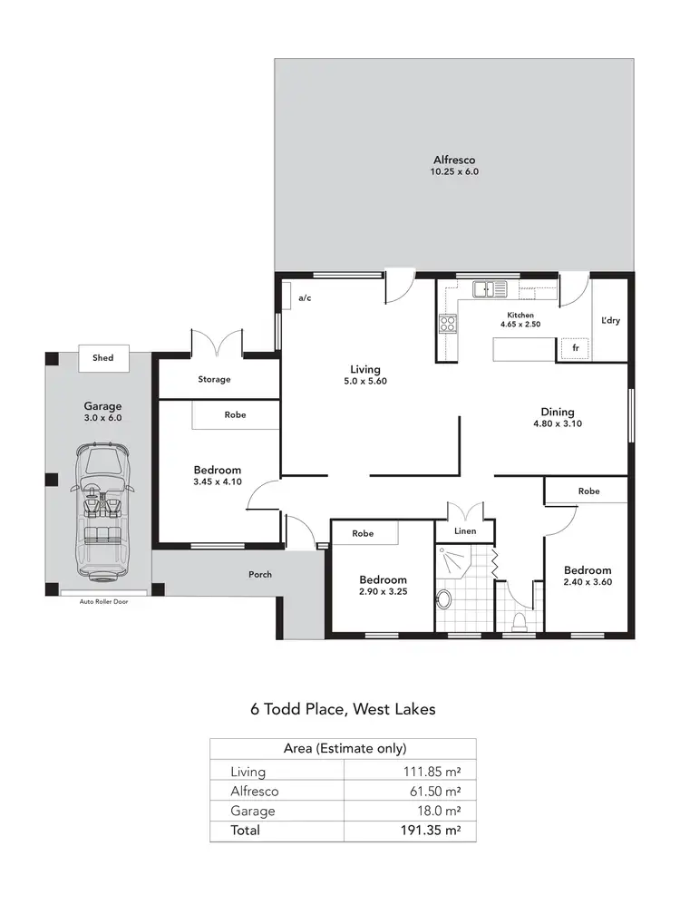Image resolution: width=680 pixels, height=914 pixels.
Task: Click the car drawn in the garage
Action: point(103,511)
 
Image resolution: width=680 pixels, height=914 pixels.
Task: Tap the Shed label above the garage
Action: point(103,358)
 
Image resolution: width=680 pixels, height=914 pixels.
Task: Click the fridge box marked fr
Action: point(573,347)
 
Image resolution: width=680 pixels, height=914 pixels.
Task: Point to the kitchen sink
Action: point(488,289)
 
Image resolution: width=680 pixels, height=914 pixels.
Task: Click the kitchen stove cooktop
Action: point(447,324)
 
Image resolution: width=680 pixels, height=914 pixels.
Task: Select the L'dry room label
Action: point(609,321)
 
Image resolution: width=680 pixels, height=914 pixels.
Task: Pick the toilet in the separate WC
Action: point(520,620)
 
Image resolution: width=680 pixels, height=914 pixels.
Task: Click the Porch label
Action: point(259,574)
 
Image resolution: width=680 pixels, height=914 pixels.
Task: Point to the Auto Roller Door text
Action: point(103,600)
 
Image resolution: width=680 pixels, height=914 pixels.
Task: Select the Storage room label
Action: point(214,379)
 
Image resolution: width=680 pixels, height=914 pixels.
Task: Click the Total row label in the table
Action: point(246,830)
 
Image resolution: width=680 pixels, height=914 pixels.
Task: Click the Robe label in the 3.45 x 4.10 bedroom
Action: point(234,415)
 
